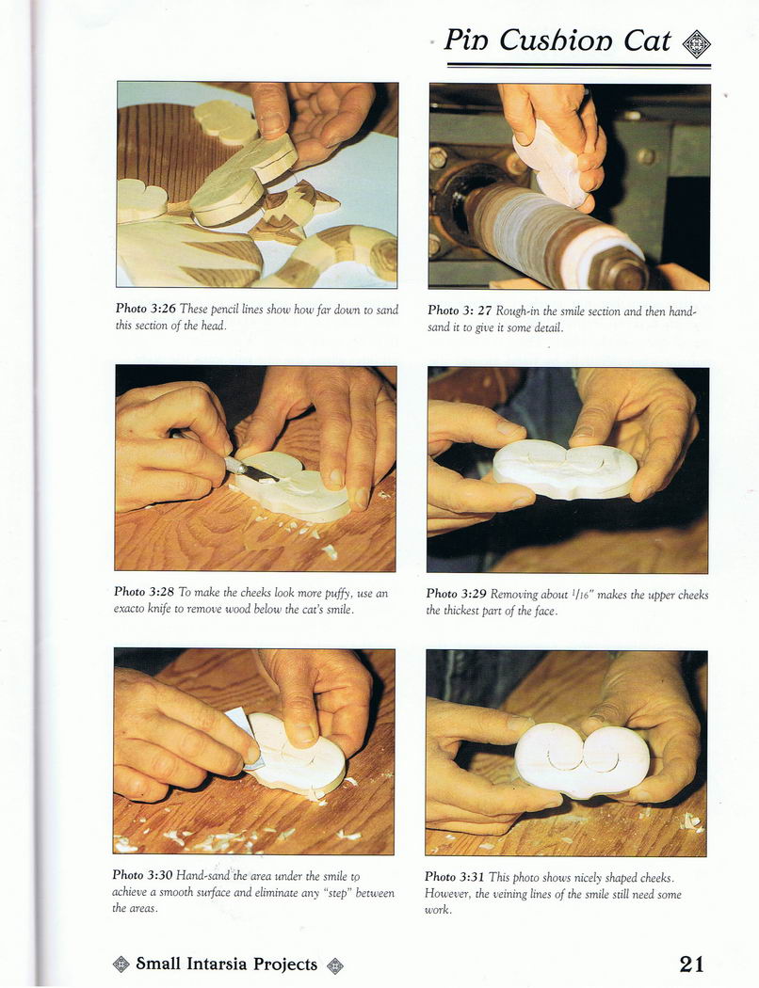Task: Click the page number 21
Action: [691, 964]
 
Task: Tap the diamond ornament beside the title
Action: [697, 44]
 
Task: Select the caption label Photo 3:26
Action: [146, 308]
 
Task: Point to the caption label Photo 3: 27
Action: [460, 310]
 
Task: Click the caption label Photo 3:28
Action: [144, 592]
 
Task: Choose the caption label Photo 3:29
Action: [457, 594]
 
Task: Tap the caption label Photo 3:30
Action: [142, 875]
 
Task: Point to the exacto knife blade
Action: [254, 470]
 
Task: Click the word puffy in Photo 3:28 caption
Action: [339, 594]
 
